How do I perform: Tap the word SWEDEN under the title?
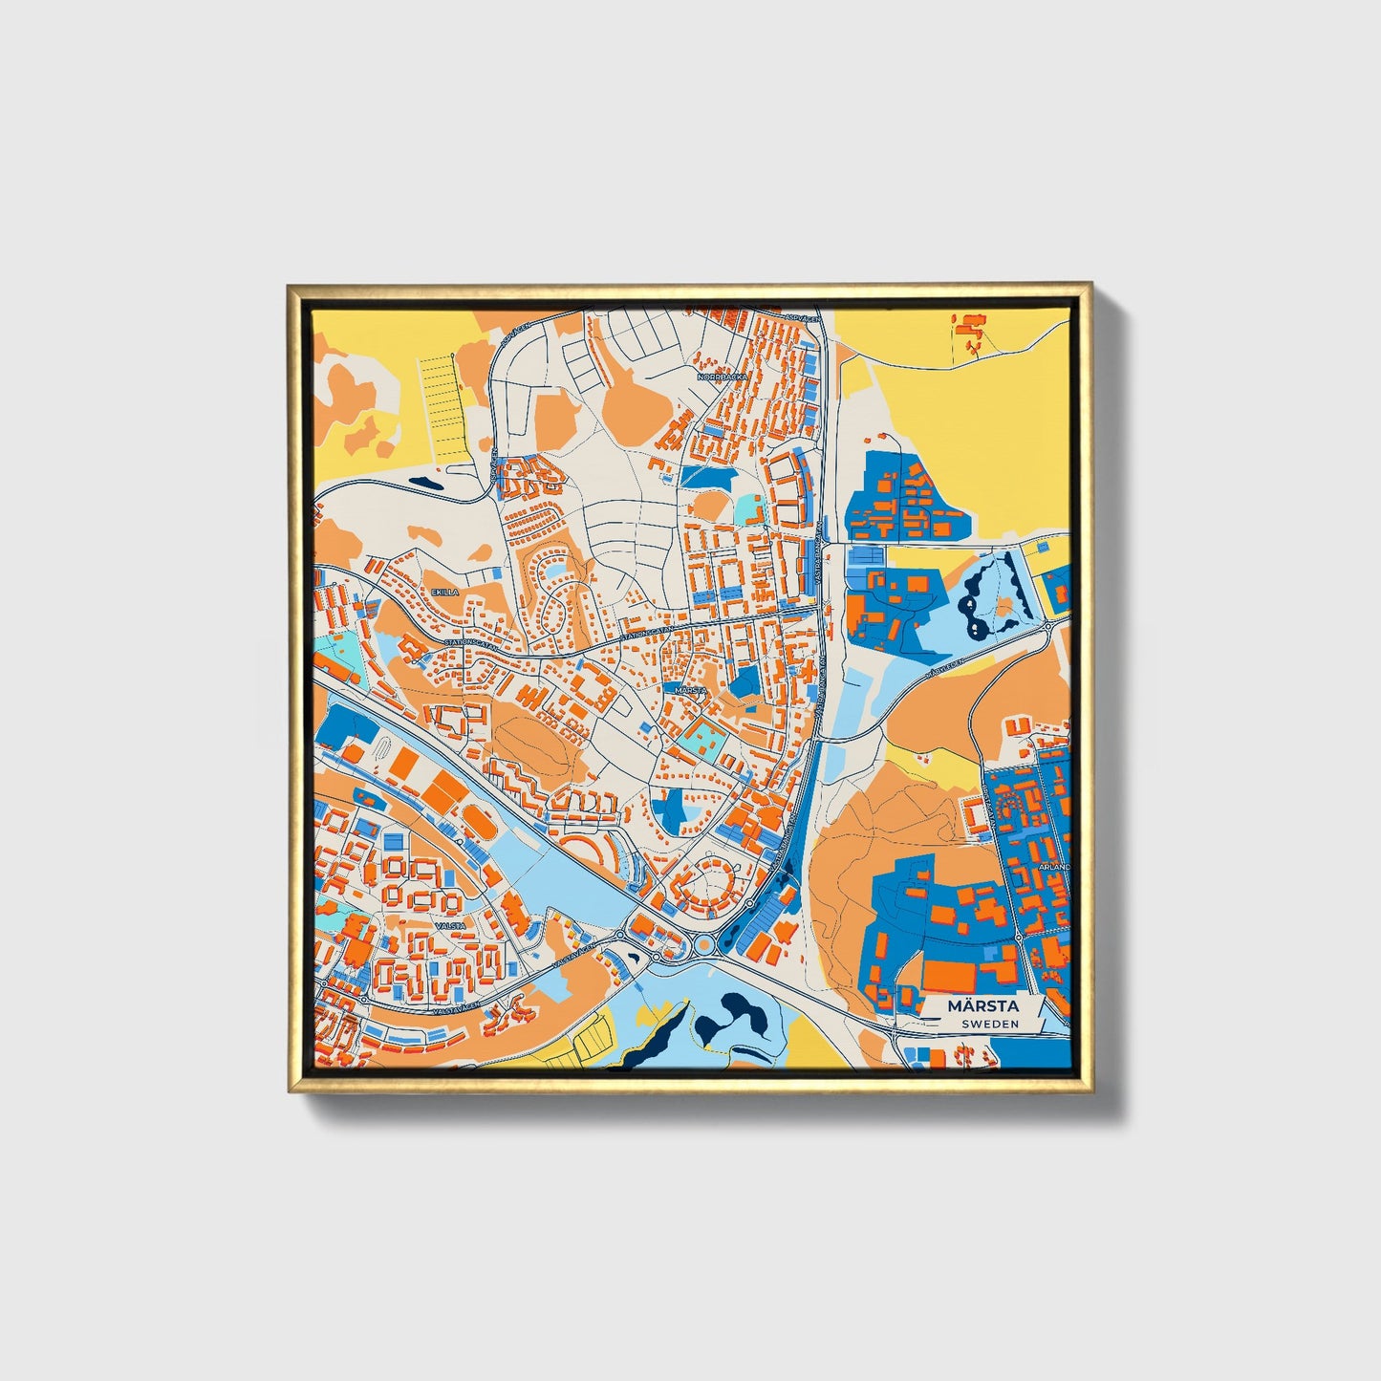(x=990, y=1024)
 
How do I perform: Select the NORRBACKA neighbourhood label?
(x=722, y=378)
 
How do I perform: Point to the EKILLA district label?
(x=444, y=593)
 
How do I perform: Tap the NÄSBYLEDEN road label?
(x=946, y=666)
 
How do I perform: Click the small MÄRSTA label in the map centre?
(x=689, y=689)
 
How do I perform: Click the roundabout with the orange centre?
(x=705, y=945)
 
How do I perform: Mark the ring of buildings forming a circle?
(x=711, y=881)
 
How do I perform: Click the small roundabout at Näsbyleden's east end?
(x=1048, y=626)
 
